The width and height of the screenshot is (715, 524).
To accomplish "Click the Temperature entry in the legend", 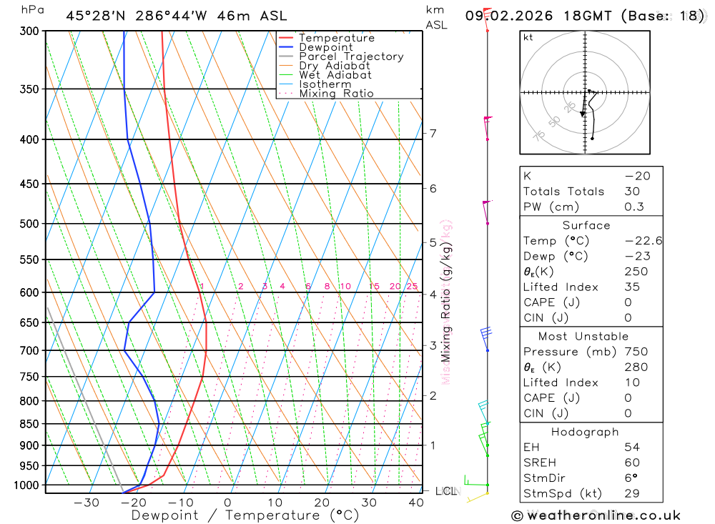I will coord(336,38).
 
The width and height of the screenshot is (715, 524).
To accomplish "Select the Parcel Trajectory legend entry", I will coord(351,56).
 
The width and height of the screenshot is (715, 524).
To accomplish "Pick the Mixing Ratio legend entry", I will coord(336,94).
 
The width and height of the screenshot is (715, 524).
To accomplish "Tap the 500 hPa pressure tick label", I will coord(29,224).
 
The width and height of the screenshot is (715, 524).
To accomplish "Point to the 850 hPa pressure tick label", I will coord(29,424).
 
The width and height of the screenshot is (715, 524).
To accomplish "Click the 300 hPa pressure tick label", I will coord(29,31).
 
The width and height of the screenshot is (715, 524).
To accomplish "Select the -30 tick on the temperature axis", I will coord(87,503).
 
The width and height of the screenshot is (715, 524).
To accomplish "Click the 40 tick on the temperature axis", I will coord(416,503).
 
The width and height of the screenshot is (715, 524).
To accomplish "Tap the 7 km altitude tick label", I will coord(433,134).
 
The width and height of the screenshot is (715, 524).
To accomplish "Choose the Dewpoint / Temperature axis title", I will coord(245,515).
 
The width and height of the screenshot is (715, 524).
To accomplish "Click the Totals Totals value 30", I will coord(633,192).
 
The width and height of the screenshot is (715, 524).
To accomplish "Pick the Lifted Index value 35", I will coord(633,287).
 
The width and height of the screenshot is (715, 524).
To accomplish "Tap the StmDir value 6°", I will coord(632,478).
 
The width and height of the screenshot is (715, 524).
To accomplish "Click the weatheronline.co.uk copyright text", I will coord(596,515).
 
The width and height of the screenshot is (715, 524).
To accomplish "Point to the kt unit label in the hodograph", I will coord(528,38).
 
